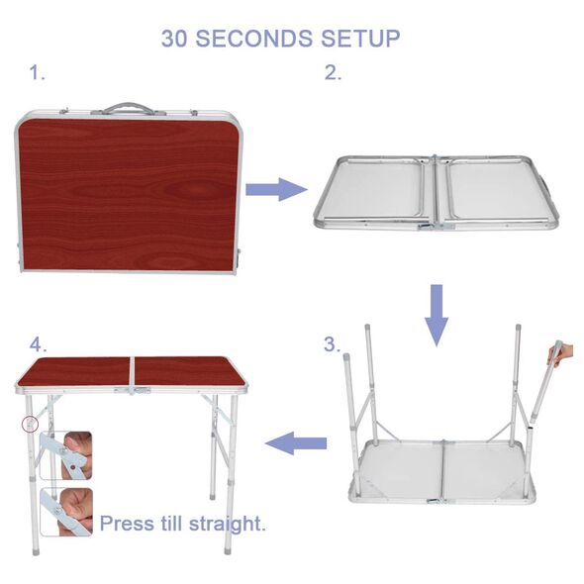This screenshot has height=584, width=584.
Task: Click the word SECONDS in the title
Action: [254, 39]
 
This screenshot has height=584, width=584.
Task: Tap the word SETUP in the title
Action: [360, 39]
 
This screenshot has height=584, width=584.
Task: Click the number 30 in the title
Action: [174, 39]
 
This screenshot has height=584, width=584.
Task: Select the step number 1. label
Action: [37, 72]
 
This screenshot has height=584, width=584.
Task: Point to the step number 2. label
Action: [333, 72]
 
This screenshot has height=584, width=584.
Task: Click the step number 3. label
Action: [332, 344]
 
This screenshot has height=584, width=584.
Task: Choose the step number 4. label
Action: [38, 344]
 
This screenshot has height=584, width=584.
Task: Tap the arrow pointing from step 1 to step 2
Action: [276, 189]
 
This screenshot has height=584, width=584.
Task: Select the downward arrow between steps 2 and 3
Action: [437, 315]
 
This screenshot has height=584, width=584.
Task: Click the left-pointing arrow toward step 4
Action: [296, 443]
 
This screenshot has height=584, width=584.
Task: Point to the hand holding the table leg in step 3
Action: [562, 354]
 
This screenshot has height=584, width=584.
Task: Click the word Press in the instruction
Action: [128, 524]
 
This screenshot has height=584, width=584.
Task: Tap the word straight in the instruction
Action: [228, 524]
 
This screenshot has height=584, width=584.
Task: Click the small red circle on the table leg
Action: [30, 424]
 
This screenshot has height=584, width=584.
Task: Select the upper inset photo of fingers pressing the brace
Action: [65, 455]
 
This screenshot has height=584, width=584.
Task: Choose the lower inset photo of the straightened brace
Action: [66, 512]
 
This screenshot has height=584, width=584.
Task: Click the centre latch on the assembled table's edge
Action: [133, 390]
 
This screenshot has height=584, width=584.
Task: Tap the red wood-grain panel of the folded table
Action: [128, 194]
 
